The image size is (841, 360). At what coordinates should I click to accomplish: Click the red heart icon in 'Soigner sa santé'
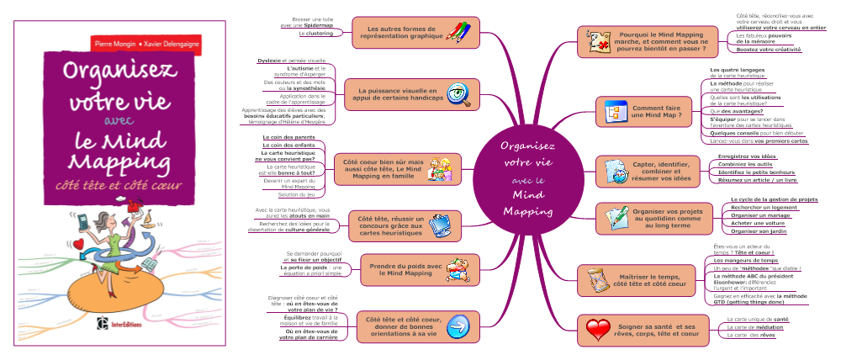[598, 329]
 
